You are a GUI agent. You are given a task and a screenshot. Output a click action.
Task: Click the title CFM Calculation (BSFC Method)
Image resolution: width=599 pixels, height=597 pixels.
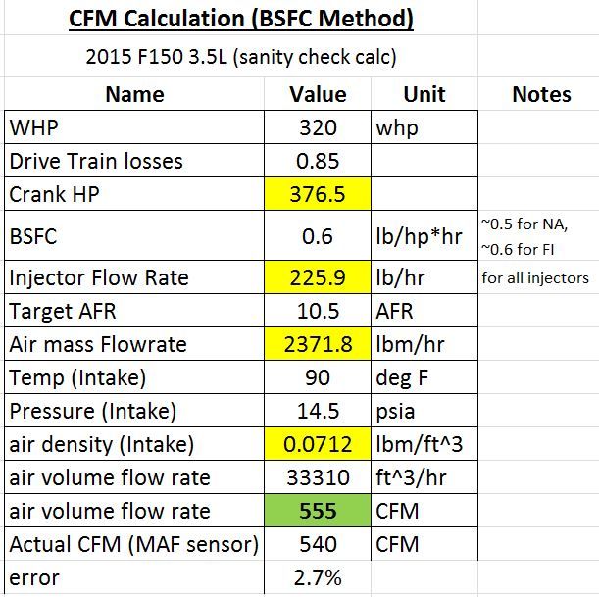click(x=241, y=19)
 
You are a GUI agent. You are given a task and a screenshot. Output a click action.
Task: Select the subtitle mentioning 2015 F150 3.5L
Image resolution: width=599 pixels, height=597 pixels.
click(x=241, y=57)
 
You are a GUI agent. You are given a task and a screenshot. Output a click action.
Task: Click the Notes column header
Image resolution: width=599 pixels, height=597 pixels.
click(x=540, y=94)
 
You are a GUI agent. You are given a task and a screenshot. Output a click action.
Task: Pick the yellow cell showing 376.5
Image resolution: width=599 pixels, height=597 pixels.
click(x=318, y=194)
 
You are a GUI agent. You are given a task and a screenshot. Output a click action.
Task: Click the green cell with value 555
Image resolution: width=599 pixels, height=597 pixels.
click(x=318, y=511)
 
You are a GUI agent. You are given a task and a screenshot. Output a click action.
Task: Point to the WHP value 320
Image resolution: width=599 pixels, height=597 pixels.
click(x=318, y=127)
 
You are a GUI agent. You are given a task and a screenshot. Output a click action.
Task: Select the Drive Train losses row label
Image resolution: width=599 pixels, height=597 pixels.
click(x=96, y=161)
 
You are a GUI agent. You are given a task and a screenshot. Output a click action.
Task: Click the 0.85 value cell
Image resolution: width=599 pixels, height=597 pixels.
click(x=318, y=161)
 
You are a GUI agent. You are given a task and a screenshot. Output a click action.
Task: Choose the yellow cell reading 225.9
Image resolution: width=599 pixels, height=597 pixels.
click(x=318, y=277)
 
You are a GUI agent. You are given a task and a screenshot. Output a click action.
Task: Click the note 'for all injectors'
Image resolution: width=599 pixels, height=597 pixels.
click(x=535, y=277)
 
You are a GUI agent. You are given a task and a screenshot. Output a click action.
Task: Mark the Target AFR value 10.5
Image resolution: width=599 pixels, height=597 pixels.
click(x=318, y=311)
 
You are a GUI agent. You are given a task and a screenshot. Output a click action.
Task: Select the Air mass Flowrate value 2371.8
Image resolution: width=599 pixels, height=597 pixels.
click(x=318, y=344)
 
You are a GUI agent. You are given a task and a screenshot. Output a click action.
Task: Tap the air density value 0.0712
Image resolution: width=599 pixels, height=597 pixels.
click(x=318, y=444)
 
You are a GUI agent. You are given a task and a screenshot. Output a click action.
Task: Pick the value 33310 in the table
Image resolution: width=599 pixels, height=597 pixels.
click(x=318, y=477)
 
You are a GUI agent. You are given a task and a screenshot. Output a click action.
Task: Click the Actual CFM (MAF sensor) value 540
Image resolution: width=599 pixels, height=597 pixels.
click(x=318, y=544)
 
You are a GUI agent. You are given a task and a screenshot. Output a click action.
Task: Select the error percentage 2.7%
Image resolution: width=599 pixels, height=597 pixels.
click(x=318, y=577)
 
